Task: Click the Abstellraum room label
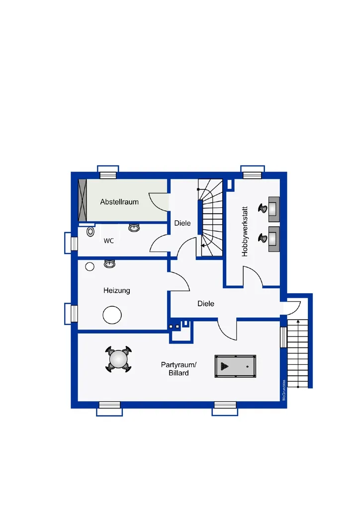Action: pos(119,202)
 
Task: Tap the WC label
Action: pos(109,241)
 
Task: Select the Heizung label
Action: pos(116,290)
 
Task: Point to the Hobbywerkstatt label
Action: pos(245,232)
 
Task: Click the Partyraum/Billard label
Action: pos(179,369)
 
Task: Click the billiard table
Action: pos(235,366)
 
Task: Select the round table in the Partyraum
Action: pos(118,359)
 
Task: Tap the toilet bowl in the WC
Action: pos(90,232)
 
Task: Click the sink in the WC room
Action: pos(134,228)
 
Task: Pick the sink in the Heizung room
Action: pos(110,263)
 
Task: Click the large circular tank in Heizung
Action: pos(112,315)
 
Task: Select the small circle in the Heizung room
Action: pos(90,266)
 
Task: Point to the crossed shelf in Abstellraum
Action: pos(83,200)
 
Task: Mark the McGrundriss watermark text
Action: pos(284,390)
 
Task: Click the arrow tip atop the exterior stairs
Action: pos(298,320)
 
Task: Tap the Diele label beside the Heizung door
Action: pos(206,304)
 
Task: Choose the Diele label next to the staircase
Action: pos(182,223)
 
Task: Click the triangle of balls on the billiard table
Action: pos(224,366)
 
